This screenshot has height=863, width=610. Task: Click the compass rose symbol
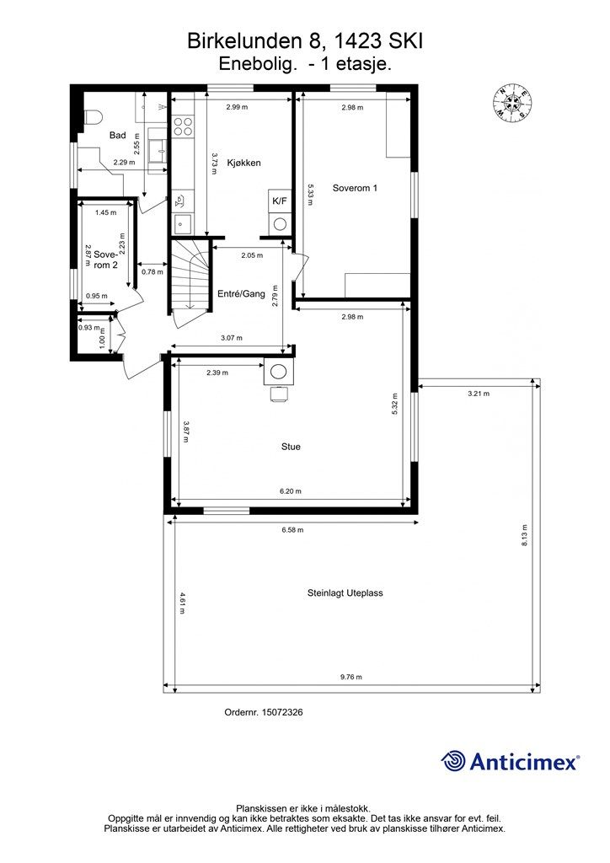coord(511,103)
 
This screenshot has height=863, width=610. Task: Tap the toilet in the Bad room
coord(93,118)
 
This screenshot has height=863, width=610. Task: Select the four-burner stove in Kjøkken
coord(183,126)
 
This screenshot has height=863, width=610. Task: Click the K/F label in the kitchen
coord(280,201)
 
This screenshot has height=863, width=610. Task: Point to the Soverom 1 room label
coord(355,188)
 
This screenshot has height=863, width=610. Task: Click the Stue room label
coord(291,447)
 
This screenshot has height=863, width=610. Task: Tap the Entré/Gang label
coord(242,294)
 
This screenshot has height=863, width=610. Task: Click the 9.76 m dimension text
coord(351,678)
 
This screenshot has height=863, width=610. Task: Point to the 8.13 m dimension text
coord(524,535)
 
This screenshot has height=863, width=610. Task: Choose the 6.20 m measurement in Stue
coord(291,491)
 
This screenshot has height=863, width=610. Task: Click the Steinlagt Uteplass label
coord(345,593)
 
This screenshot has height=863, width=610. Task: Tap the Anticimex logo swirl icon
coord(453,761)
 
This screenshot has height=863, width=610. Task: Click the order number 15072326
coord(282,712)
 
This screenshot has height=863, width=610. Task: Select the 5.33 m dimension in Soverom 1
coord(310,195)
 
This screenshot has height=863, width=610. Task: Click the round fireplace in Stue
coord(280,373)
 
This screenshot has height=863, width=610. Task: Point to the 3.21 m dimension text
coord(479,394)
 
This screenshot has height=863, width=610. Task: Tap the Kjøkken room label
coord(243,163)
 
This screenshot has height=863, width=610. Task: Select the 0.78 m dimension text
coord(152,272)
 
